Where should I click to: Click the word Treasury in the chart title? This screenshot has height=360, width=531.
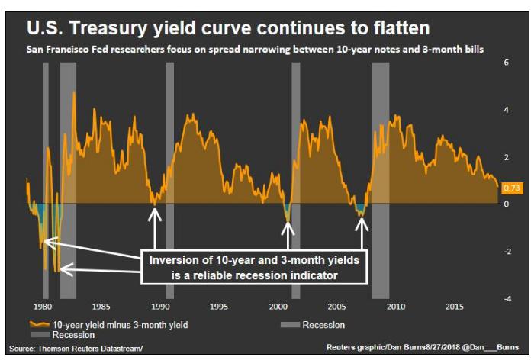click(108, 28)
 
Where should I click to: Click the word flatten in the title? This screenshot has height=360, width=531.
click(401, 27)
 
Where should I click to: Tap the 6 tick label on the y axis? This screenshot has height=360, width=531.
click(507, 63)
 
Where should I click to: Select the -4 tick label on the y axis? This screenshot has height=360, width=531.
click(507, 299)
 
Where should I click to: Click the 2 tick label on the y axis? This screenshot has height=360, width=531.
click(507, 157)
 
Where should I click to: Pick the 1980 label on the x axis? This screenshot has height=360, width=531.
click(43, 307)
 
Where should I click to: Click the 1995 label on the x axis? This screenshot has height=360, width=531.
click(219, 307)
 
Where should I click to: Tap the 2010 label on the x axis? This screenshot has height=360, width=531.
click(396, 307)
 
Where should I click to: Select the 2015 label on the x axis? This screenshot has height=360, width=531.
click(455, 307)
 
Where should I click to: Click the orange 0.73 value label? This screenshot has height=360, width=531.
click(512, 188)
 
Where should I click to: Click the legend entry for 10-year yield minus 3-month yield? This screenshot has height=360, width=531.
click(108, 325)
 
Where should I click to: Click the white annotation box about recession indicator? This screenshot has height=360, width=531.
click(254, 268)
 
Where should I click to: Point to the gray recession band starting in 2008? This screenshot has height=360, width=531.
click(381, 181)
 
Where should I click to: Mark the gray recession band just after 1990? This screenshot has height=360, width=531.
click(170, 181)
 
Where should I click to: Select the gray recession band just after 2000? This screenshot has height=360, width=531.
click(296, 181)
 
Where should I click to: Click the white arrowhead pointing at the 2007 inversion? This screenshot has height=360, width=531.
click(362, 224)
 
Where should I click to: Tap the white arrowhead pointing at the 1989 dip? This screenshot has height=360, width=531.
click(154, 214)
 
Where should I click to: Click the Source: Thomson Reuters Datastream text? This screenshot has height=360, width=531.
click(76, 349)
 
